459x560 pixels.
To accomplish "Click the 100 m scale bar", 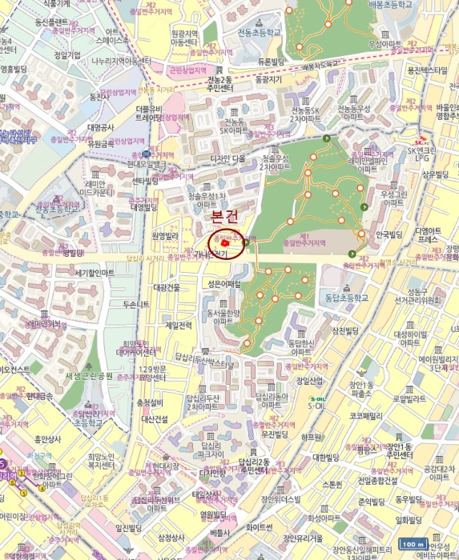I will [412, 544].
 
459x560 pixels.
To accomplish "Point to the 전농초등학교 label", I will [260, 34].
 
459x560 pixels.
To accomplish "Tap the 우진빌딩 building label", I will [274, 434].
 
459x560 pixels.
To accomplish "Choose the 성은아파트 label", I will [224, 284].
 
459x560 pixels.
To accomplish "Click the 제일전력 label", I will [179, 326].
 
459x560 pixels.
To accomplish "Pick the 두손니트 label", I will [135, 305].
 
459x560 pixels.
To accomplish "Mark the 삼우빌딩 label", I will [438, 174].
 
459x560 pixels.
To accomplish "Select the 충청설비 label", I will [150, 402].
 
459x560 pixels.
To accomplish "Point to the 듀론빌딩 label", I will [272, 61].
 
